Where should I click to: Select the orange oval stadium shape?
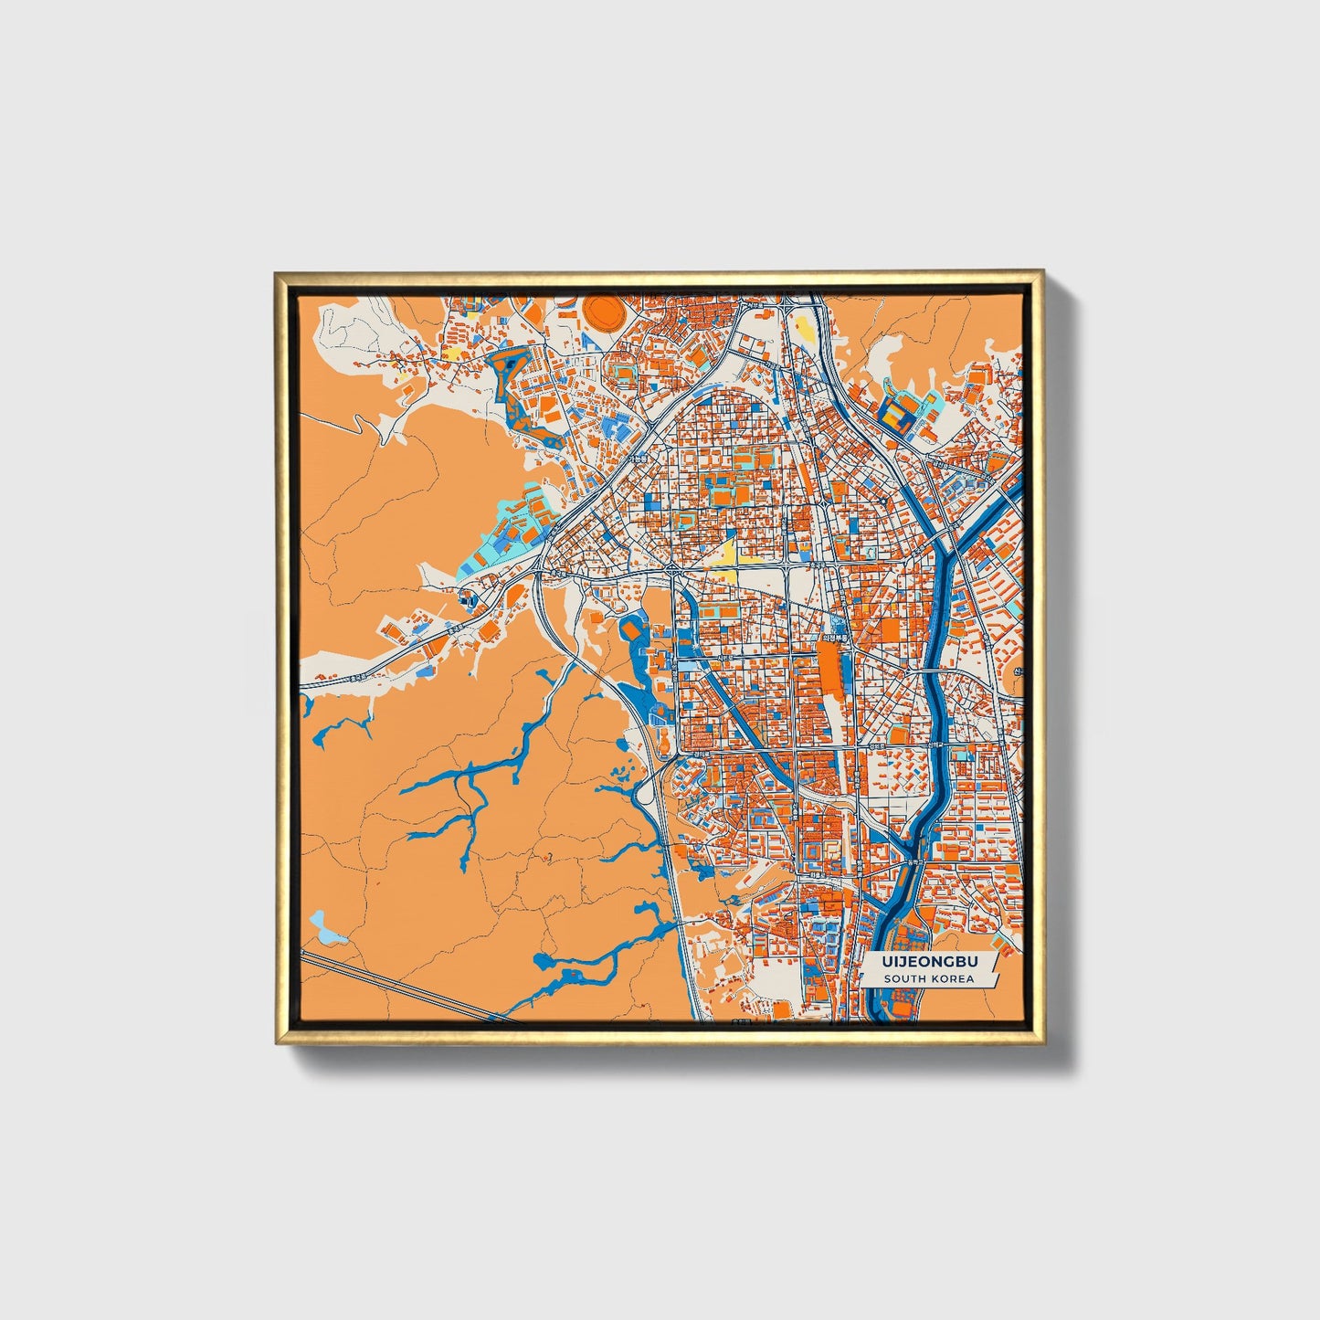603,312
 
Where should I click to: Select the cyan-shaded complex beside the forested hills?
512,539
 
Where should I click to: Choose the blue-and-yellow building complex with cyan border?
900,416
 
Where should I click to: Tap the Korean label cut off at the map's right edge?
1017,671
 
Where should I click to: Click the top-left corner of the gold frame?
277,273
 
